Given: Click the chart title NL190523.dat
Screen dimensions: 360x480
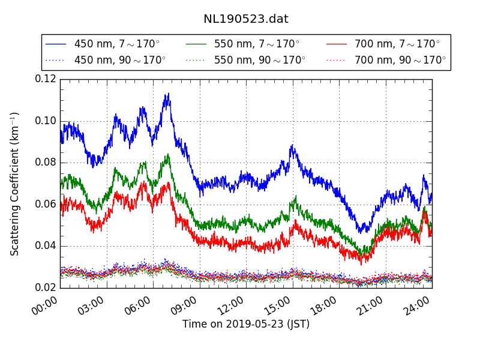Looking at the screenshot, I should coord(246,19).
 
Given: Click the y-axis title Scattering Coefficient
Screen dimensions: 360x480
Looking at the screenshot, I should coord(15,184).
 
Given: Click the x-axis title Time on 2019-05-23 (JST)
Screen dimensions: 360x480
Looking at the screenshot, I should coord(246,324).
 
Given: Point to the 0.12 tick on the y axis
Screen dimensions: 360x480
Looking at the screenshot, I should coord(46,79).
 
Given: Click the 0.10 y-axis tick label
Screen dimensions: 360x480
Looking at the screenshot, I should coord(46,121).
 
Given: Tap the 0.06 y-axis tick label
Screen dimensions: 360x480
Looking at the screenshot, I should coord(46,204).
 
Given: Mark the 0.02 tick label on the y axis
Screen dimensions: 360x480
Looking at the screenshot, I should coord(46,287).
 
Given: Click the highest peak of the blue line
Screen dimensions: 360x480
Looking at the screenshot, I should coord(168,94).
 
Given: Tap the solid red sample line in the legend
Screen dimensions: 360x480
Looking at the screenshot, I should coord(337,44).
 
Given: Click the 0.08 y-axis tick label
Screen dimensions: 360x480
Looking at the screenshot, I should coord(46,162).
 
